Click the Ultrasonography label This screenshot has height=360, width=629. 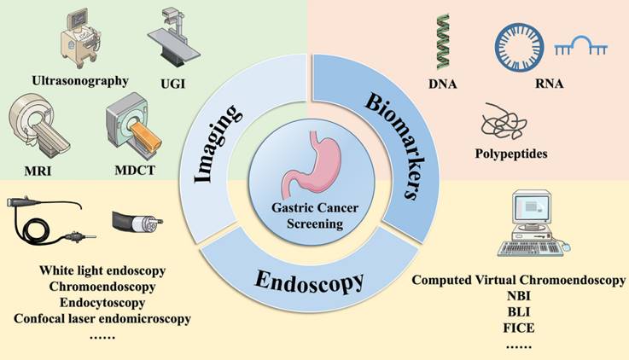(x=79, y=81)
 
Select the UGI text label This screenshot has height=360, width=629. (x=173, y=84)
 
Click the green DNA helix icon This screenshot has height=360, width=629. (x=443, y=42)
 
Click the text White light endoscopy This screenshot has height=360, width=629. (x=102, y=270)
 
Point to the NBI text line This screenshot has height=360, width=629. (x=517, y=297)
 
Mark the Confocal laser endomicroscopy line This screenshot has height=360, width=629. (x=102, y=319)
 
